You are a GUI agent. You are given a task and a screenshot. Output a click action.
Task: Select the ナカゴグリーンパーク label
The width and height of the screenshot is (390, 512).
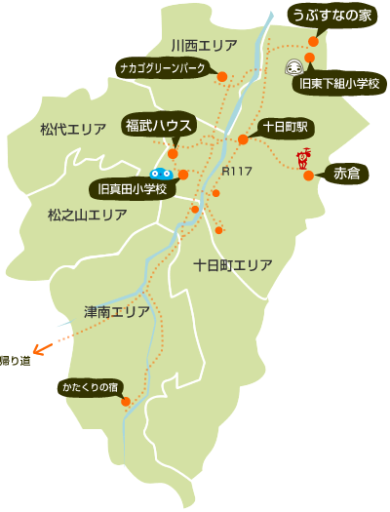click(x=161, y=68)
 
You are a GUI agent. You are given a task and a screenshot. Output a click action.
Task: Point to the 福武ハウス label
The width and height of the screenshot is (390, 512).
click(x=160, y=125)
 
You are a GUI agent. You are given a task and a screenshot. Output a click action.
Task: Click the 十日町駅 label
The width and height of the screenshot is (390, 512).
click(x=286, y=127)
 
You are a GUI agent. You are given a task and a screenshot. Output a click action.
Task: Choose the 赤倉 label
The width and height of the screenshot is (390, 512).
click(x=346, y=174)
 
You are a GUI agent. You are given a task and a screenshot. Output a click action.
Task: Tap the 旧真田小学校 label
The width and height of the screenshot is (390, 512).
click(x=134, y=187)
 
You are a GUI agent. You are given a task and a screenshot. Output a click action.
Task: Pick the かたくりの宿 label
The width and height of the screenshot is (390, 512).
click(x=91, y=386)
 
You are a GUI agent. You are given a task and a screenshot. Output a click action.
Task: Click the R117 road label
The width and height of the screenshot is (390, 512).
click(x=237, y=173)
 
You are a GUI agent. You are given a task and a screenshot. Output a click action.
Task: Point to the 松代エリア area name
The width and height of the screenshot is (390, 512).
click(x=73, y=129)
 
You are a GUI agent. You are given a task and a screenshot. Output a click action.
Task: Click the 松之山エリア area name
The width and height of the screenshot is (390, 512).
click(x=88, y=213)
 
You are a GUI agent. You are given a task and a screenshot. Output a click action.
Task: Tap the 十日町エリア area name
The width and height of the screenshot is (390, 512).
click(x=232, y=264)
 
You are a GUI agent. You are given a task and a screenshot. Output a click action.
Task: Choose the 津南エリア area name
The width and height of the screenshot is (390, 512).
click(x=117, y=312)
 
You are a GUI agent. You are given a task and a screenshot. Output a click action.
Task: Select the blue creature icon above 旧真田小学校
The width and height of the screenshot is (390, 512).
click(x=162, y=173)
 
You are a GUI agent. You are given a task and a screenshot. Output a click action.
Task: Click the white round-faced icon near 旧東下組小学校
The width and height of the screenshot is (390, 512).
click(x=293, y=67)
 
